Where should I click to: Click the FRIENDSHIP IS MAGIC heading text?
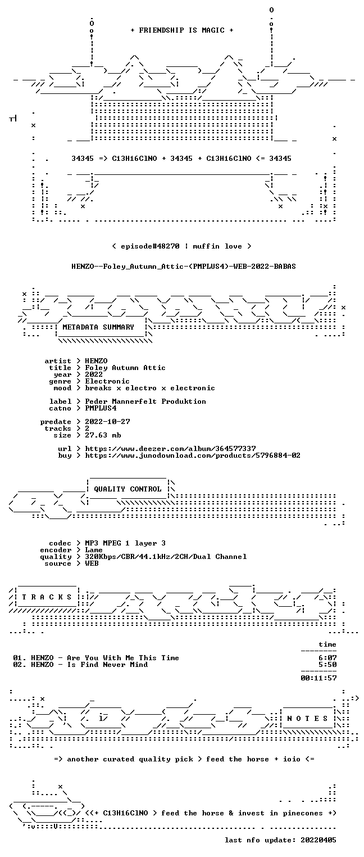pos(181,30)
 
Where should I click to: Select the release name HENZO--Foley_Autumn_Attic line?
pos(184,267)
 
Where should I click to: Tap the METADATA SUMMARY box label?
pos(98,327)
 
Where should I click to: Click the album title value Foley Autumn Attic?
pos(125,368)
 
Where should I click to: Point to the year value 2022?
pos(94,375)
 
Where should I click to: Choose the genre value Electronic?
pos(107,381)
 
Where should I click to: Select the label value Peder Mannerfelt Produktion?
pos(145,402)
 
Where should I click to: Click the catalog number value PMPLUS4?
pos(101,408)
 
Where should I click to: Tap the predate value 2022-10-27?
pos(107,422)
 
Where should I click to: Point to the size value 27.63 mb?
pos(103,435)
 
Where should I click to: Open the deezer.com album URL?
pos(171,448)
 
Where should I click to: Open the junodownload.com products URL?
pos(193,455)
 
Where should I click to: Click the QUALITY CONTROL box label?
pos(127,489)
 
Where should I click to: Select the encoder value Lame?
pos(94,550)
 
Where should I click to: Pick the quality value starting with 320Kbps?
pos(166,557)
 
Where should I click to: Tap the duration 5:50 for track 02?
pos(327,665)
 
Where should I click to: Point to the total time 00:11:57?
pos(319,678)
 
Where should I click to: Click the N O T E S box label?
pos(307,718)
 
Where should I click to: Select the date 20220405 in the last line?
pos(319,840)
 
